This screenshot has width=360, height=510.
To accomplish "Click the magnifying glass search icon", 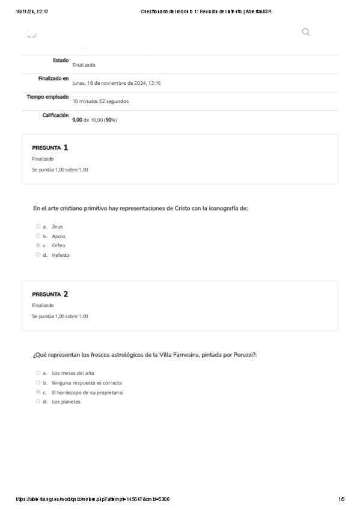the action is coord(306,32).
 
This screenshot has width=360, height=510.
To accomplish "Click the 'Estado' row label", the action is coord(60,60).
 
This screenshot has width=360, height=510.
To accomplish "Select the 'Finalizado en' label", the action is coord(53,78).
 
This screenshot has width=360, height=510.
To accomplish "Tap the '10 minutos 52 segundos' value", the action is coord(100,101).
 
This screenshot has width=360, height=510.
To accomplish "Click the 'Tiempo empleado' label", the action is coord(48,96).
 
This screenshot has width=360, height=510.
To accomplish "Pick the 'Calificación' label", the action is coord(55,115).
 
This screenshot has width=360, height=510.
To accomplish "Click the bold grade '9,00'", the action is coord(77,120).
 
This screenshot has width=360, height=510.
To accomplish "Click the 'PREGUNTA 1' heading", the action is coord(50,147).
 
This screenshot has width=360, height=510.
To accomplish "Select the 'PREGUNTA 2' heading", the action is coord(50,294).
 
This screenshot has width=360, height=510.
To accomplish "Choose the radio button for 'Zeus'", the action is coord(38,226).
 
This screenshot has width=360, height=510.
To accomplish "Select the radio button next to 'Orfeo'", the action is coord(38,245).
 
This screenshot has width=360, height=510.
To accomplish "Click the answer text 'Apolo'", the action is coord(58,236).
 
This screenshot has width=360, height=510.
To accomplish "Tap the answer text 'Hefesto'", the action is coord(61,255).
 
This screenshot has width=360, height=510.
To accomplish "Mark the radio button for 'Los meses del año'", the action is coord(38,373).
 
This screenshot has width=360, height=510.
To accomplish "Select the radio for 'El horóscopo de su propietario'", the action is coord(38,392).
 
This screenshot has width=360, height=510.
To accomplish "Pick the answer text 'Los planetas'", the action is coord(66,402).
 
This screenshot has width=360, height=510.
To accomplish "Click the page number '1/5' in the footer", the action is coord(341,499).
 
